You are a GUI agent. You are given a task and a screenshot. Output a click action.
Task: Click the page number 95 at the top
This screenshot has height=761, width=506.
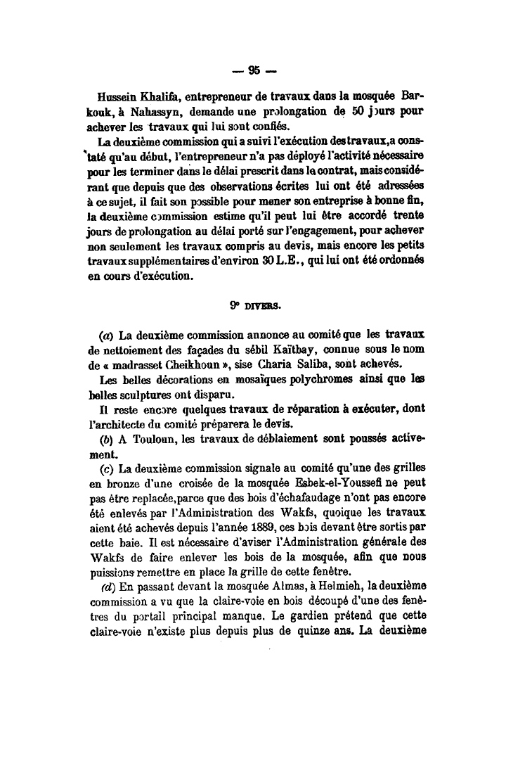(x=254, y=70)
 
